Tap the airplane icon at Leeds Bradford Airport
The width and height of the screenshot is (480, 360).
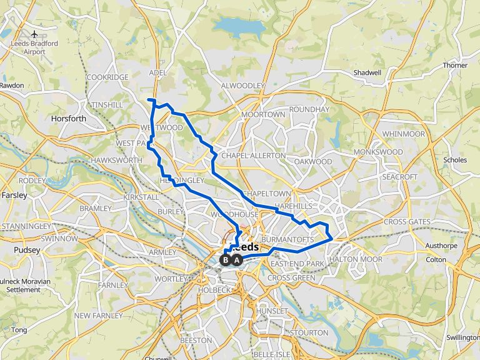(x=34, y=33)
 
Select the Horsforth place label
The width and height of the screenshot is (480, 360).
(x=69, y=119)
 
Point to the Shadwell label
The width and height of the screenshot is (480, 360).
(x=367, y=72)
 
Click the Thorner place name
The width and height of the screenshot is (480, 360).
(x=454, y=65)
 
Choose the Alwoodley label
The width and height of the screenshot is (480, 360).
(x=243, y=86)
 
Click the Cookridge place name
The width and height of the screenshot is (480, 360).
(x=107, y=77)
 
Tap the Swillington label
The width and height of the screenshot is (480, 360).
(x=463, y=337)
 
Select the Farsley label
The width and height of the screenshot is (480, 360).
(x=14, y=195)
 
